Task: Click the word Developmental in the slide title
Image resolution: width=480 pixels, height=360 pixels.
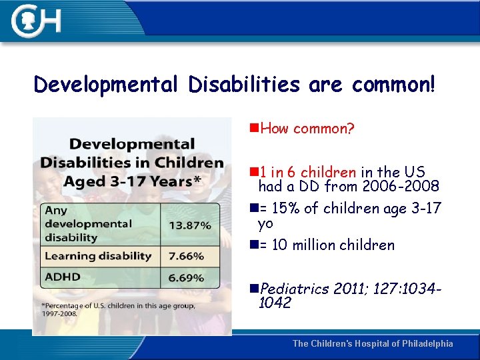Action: click(x=106, y=85)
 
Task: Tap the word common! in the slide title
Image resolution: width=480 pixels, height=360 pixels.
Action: click(x=393, y=85)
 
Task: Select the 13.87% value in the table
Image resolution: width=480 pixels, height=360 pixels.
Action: click(x=189, y=225)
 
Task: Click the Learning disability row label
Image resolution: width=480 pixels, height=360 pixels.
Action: click(x=98, y=256)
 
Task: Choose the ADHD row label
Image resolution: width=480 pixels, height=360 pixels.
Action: click(x=61, y=277)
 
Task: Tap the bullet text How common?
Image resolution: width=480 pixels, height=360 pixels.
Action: click(x=307, y=129)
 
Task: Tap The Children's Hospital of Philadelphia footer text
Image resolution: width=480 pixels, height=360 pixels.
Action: click(x=373, y=343)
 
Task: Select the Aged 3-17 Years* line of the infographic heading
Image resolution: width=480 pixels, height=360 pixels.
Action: click(x=131, y=182)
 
